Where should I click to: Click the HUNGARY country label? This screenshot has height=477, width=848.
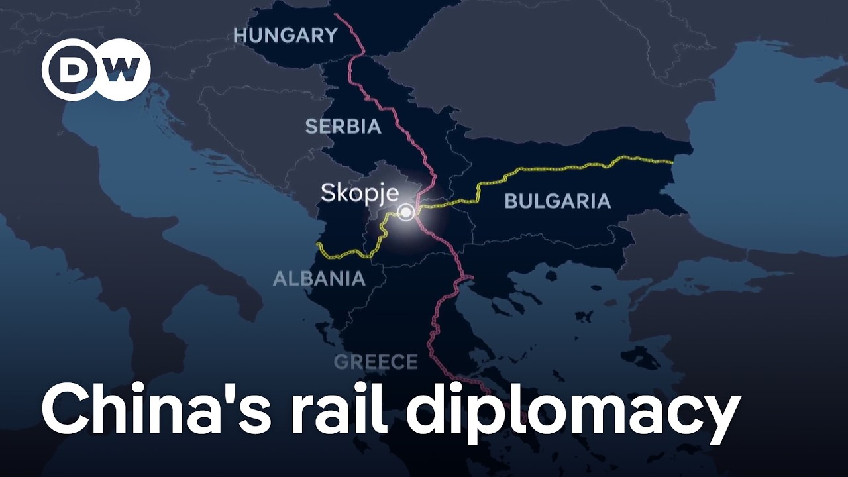(286, 36)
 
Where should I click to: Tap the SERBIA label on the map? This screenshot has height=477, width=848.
(343, 127)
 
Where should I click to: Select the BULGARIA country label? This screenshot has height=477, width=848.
(557, 201)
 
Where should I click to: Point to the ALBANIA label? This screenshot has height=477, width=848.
(319, 278)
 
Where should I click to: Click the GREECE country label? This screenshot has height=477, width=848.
(376, 362)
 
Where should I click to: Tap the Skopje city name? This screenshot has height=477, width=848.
(360, 193)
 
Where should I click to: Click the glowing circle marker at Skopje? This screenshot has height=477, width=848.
(405, 213)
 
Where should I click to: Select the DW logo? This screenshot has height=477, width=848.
(97, 70)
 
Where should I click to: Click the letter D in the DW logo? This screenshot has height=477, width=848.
(73, 70)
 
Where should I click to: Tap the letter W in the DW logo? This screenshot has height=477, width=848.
(120, 70)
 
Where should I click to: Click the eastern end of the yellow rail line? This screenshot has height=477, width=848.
(673, 160)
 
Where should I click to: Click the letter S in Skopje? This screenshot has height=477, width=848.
(328, 193)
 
